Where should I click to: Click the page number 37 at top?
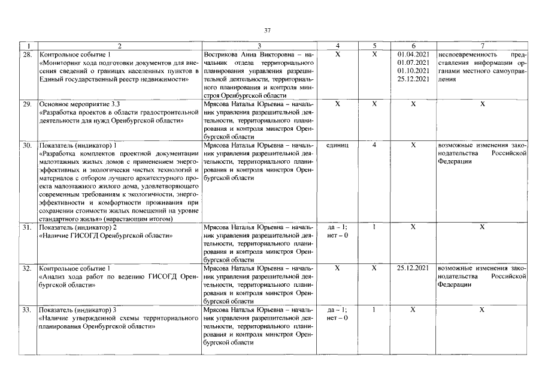(268, 30)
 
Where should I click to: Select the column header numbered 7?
(482, 46)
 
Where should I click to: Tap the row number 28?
(28, 54)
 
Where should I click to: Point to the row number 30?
(28, 145)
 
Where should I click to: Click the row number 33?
(28, 310)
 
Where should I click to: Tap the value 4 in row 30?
(374, 145)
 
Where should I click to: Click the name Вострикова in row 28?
(223, 54)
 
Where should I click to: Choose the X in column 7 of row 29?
(482, 104)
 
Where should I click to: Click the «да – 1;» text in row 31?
(338, 227)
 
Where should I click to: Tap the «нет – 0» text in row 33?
(338, 318)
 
